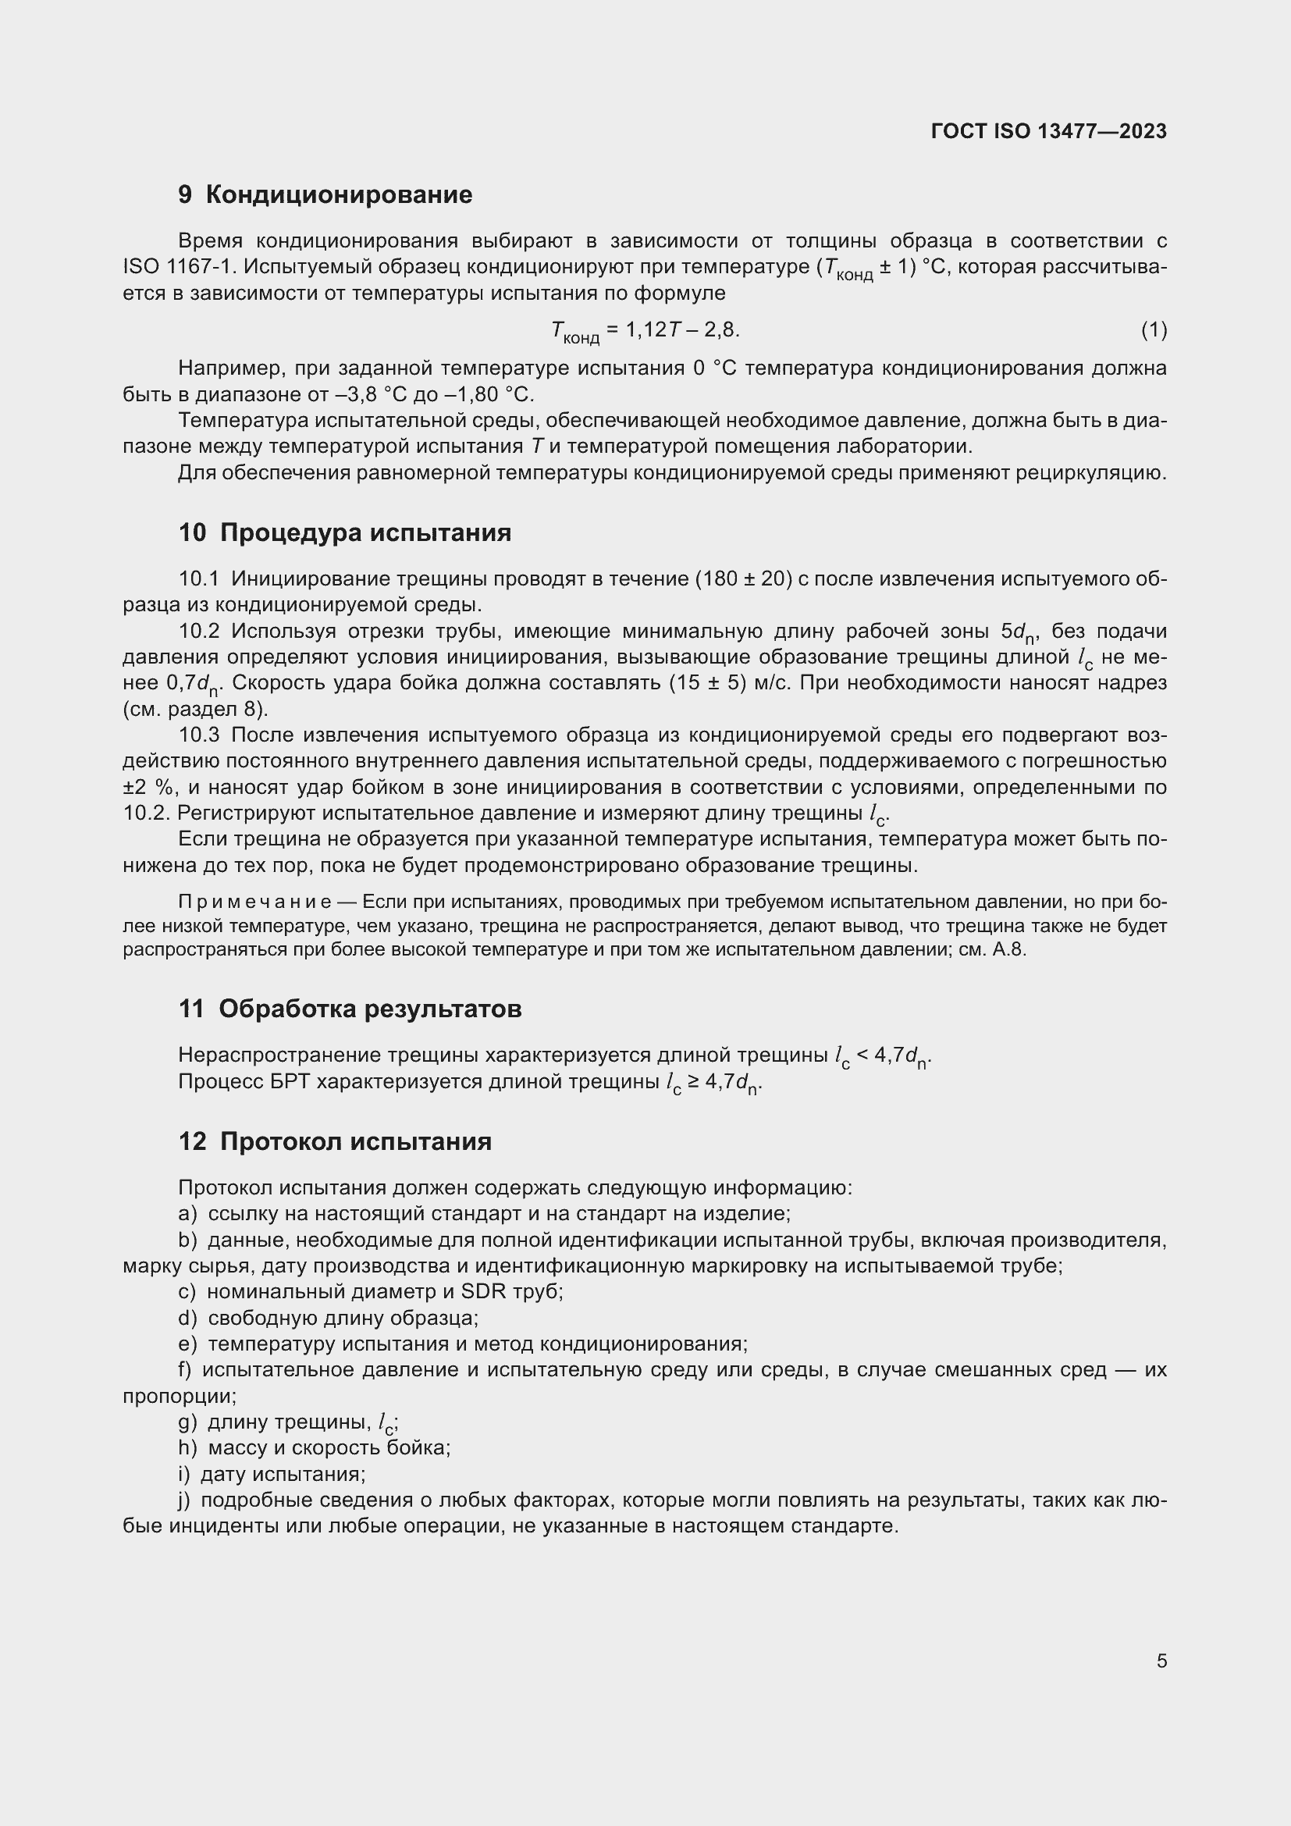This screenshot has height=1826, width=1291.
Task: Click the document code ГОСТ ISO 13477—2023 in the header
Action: tap(1047, 131)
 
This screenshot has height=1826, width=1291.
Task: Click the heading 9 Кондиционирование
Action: tap(325, 195)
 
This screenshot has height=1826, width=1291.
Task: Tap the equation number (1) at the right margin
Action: tap(1154, 329)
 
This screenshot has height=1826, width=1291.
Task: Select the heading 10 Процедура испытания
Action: tap(345, 532)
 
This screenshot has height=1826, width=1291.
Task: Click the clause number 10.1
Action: tap(199, 579)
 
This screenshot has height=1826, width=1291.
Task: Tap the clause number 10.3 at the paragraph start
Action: tap(199, 735)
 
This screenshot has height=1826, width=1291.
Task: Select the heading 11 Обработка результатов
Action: tap(350, 1009)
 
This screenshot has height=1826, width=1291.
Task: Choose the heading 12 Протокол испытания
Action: tap(335, 1142)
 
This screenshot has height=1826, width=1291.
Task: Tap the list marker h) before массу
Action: tap(187, 1447)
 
